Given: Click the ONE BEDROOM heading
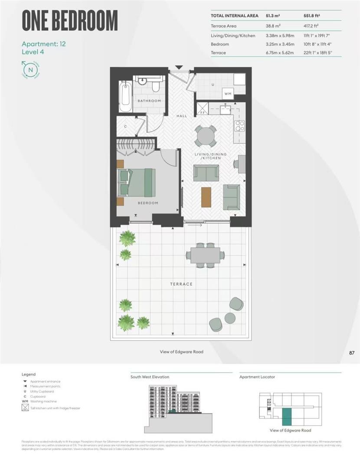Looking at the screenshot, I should pyautogui.click(x=70, y=20).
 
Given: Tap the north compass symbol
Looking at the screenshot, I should pyautogui.click(x=30, y=70).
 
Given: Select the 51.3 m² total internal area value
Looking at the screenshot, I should pyautogui.click(x=272, y=16).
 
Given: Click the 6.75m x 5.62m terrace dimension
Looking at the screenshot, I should pyautogui.click(x=280, y=52).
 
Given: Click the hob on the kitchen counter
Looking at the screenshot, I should pyautogui.click(x=239, y=126).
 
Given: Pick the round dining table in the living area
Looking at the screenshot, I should pyautogui.click(x=206, y=136).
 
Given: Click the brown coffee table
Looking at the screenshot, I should pyautogui.click(x=206, y=197).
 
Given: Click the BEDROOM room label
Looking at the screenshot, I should pyautogui.click(x=148, y=203).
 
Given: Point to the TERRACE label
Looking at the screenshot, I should pyautogui.click(x=181, y=284).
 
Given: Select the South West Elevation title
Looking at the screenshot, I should pyautogui.click(x=150, y=377).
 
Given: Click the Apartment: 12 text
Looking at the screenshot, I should pyautogui.click(x=43, y=44).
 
